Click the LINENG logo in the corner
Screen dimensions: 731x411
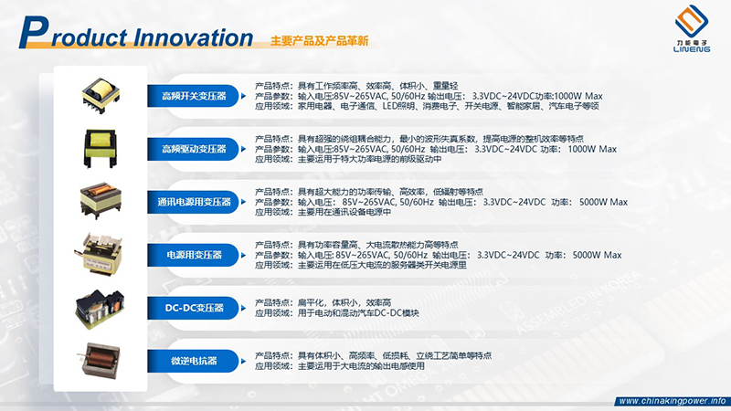tap(692, 28)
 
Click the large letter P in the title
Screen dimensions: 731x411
tap(35, 32)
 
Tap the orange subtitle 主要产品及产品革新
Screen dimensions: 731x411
tap(319, 41)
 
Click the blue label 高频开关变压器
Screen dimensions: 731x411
tap(193, 96)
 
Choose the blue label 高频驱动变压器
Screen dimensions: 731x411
tap(193, 149)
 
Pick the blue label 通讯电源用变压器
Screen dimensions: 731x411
tap(193, 202)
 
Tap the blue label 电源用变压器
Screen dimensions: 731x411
tap(193, 255)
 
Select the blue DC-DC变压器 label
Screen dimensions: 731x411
tap(193, 308)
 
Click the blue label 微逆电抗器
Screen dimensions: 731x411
tap(193, 361)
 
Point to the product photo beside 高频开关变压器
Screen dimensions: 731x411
tap(101, 96)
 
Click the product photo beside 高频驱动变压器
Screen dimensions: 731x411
tap(101, 149)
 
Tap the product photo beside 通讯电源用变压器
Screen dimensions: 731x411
tap(101, 201)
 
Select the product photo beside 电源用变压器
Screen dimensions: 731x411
tap(100, 253)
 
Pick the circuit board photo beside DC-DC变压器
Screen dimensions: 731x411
tap(100, 309)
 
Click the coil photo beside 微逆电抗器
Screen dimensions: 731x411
tap(99, 360)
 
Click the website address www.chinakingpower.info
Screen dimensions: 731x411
tap(672, 401)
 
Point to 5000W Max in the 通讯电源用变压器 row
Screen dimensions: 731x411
tap(603, 202)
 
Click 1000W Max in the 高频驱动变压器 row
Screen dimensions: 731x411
tap(592, 149)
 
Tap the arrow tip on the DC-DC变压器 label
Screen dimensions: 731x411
tap(245, 308)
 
